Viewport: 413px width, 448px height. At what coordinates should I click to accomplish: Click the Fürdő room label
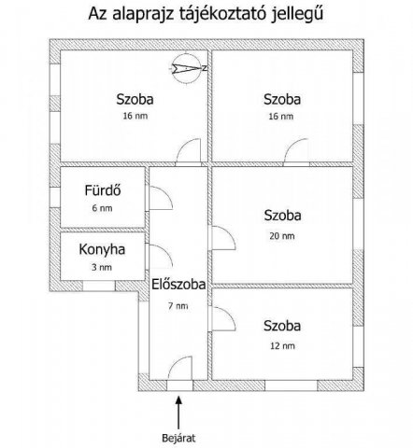103,190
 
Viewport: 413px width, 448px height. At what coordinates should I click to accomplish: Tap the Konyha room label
102,249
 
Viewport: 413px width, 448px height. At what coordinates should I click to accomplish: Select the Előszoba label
178,285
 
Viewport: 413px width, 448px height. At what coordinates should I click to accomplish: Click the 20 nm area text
282,236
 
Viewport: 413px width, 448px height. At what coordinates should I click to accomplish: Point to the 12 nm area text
282,345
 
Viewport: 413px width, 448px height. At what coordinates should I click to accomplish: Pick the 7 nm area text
178,306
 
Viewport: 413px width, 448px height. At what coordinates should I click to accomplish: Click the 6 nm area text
102,208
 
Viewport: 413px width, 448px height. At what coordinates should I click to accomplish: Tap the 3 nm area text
102,267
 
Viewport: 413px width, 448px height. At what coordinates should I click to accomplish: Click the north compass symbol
188,68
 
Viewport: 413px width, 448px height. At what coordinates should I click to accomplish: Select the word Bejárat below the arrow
178,438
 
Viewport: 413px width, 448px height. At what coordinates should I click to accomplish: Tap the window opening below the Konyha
99,286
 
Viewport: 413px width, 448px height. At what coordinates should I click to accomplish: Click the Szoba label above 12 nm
282,326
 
